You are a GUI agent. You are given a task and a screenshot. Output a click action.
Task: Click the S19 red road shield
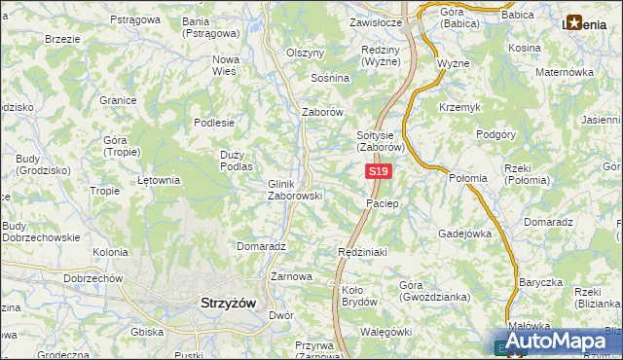pos(379,172)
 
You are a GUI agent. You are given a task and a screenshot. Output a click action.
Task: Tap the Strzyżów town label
pos(227,303)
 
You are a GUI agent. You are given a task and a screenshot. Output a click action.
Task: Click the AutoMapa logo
pos(554,341)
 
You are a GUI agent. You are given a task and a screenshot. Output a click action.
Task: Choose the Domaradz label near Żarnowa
pos(260,246)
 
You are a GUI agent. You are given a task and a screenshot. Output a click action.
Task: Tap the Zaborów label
pos(323,112)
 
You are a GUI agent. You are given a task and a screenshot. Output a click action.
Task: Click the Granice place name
pos(117,99)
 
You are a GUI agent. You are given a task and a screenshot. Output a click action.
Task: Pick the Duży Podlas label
pos(237,162)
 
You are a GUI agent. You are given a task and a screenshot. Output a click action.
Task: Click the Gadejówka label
pos(464,234)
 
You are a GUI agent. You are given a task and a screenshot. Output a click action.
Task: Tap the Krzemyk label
pos(458,107)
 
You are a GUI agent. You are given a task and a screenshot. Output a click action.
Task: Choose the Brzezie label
pos(62,39)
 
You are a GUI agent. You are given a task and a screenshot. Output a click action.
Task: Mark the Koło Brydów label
pos(359,295)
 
